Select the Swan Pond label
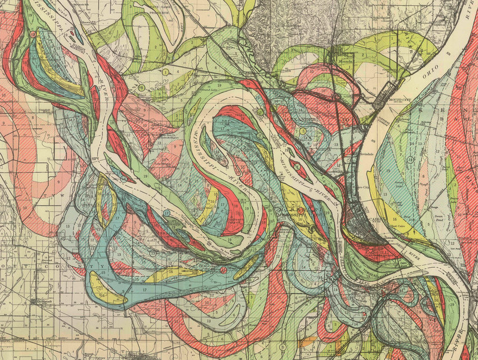(439, 216)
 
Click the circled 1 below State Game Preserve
(164, 72)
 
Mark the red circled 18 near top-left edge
(33, 34)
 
